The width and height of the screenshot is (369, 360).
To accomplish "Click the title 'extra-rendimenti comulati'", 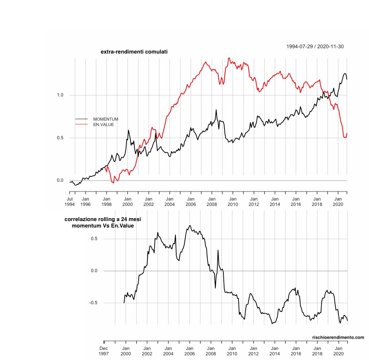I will pyautogui.click(x=134, y=52).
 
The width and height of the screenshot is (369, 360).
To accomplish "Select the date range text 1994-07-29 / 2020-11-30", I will pyautogui.click(x=312, y=46).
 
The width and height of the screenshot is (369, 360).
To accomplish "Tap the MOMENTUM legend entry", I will pyautogui.click(x=106, y=119).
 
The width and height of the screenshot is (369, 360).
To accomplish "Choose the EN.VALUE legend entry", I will pyautogui.click(x=103, y=125).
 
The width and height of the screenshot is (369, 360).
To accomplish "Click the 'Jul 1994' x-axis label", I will pyautogui.click(x=70, y=201).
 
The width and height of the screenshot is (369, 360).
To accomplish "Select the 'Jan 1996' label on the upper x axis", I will pyautogui.click(x=85, y=201).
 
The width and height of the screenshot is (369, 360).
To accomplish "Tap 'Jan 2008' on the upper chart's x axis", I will pyautogui.click(x=212, y=201).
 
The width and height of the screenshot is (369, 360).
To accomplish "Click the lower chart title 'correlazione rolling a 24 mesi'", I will pyautogui.click(x=103, y=219).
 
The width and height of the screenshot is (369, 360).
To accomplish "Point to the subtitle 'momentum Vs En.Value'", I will pyautogui.click(x=103, y=226).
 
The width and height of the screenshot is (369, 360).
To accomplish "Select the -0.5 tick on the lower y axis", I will pyautogui.click(x=93, y=303).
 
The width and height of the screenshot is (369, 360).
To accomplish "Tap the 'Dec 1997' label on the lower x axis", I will pyautogui.click(x=104, y=351).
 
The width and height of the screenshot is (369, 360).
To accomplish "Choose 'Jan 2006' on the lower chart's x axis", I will pyautogui.click(x=190, y=351).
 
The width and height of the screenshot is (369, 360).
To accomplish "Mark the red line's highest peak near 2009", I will pyautogui.click(x=229, y=58).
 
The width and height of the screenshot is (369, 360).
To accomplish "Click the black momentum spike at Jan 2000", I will pyautogui.click(x=129, y=130).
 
